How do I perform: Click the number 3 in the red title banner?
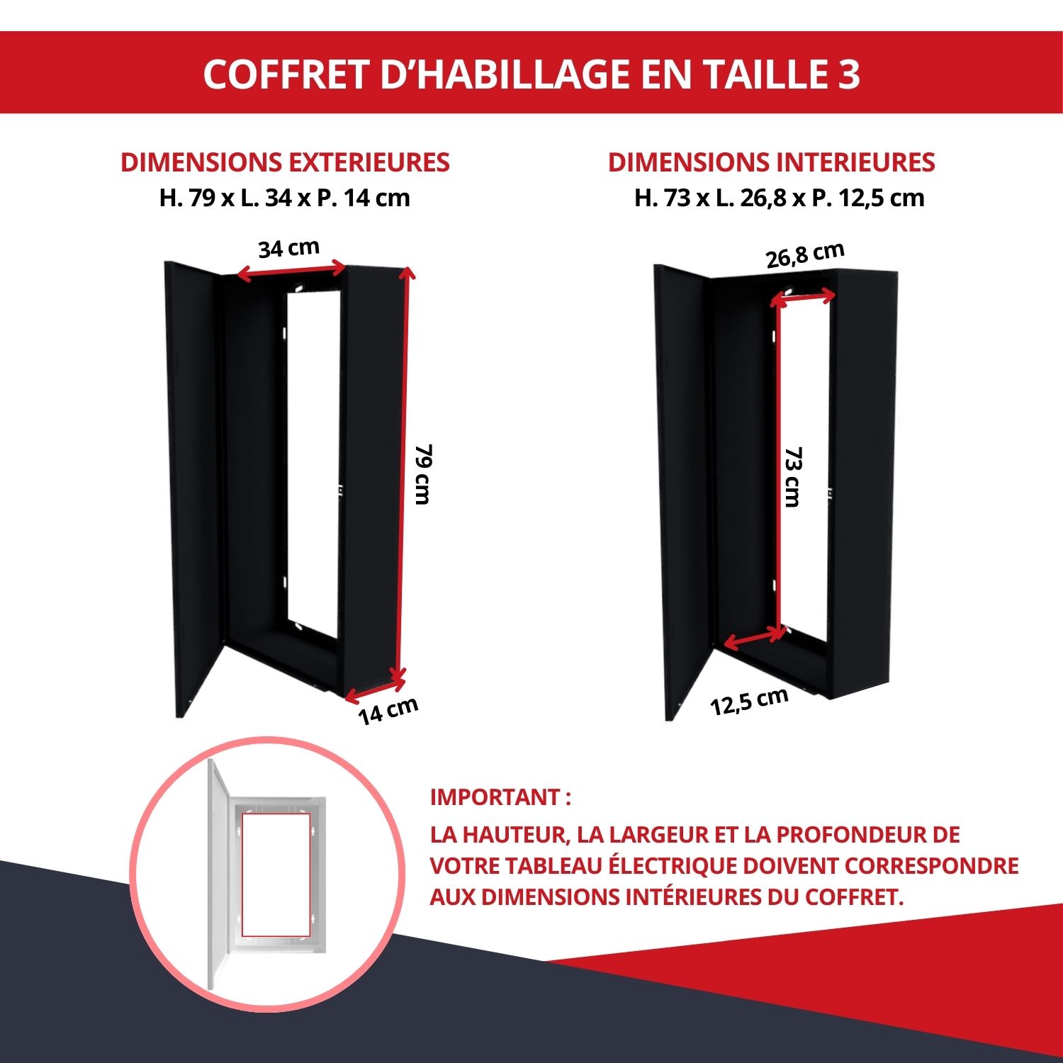pos(848,73)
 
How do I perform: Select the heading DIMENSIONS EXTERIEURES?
pos(285,162)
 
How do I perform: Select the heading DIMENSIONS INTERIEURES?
pos(771,162)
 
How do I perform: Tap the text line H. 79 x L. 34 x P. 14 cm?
pos(285,198)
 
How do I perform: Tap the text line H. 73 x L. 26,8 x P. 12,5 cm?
pos(779,198)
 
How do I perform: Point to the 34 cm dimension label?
pos(288,248)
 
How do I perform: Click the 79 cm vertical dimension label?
pos(423,474)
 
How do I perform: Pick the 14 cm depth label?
pos(388,711)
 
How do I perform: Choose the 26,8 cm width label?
pos(805,255)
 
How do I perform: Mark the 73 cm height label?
pos(793,476)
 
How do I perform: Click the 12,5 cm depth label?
pos(749,701)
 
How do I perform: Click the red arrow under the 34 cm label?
pos(291,271)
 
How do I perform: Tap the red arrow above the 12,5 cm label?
pos(753,640)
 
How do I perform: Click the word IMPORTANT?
pos(495,797)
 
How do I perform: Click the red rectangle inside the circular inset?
pos(276,874)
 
